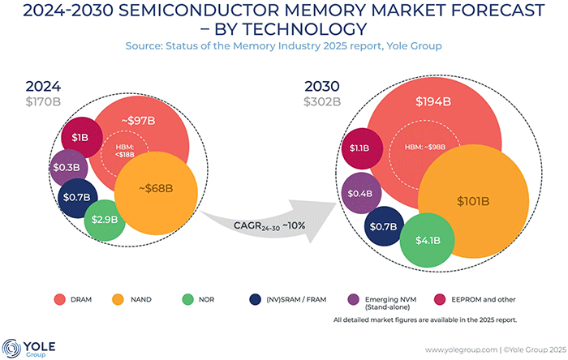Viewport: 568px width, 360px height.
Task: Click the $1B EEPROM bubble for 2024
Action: (x=80, y=137)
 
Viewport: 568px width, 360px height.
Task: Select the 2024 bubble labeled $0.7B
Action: (x=78, y=196)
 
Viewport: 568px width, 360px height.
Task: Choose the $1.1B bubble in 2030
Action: (x=359, y=148)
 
